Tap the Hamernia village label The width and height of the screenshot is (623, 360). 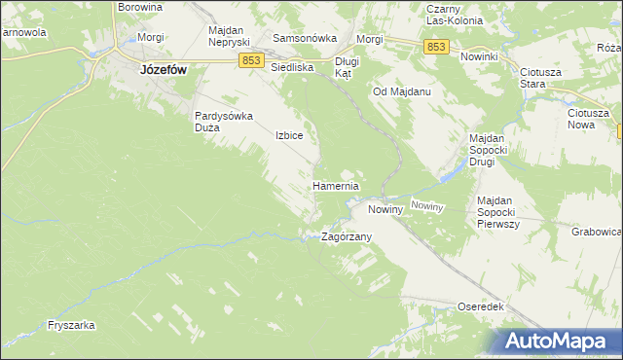click(336, 185)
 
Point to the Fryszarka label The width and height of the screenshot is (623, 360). click(70, 325)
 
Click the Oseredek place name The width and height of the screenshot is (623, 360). click(480, 306)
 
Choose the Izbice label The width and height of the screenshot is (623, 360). click(295, 135)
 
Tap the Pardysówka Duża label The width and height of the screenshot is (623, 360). click(224, 121)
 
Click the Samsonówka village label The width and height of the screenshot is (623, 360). click(304, 38)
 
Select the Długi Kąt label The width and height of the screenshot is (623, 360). click(348, 66)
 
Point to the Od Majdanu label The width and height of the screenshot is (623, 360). click(402, 91)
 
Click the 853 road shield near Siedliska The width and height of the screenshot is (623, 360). click(252, 60)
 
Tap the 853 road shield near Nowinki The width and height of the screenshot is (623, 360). click(436, 47)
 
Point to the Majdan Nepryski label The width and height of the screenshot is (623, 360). click(230, 37)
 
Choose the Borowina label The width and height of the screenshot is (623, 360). click(140, 7)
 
